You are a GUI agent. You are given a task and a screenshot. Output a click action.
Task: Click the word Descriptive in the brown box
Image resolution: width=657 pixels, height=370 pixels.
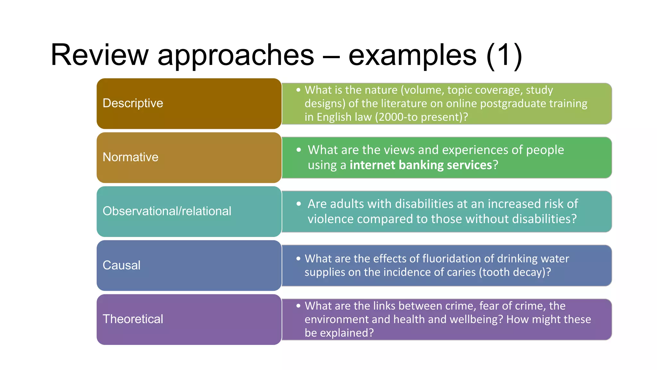click(x=133, y=103)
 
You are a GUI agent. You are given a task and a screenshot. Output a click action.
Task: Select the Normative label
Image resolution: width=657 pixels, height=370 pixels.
click(x=130, y=157)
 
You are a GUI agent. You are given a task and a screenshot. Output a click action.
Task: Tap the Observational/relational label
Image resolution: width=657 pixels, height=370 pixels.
click(x=167, y=211)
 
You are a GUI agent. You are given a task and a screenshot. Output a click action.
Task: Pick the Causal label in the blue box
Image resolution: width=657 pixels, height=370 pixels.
click(x=121, y=265)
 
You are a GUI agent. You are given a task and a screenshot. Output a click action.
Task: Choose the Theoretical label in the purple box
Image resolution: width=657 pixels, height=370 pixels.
click(x=133, y=319)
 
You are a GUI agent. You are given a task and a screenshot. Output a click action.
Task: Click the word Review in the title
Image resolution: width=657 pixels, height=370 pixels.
click(x=99, y=55)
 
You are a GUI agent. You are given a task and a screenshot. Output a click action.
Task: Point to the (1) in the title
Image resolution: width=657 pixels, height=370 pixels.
click(x=504, y=55)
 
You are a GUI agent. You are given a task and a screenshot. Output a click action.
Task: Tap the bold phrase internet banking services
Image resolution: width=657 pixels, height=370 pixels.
click(x=421, y=165)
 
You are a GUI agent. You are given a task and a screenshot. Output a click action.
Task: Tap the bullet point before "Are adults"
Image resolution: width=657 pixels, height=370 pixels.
click(x=299, y=204)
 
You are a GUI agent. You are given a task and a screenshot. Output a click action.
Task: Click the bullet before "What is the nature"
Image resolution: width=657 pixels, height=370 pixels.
click(x=298, y=90)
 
